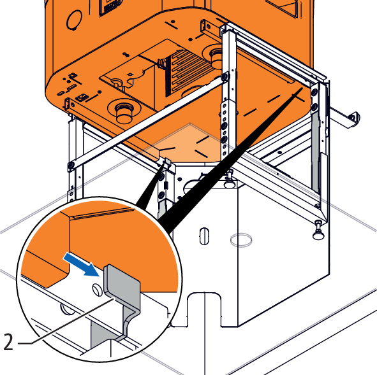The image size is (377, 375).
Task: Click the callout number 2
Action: click(x=8, y=343)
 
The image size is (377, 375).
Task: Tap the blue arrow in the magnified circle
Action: click(x=82, y=265)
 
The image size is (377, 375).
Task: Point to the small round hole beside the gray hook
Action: click(x=98, y=289)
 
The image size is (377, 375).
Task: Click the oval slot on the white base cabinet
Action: click(x=204, y=236)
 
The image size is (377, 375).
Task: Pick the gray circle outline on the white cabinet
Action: click(x=241, y=240)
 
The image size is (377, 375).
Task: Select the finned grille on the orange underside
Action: click(x=190, y=73)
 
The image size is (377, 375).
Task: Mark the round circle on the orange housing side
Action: click(x=74, y=20)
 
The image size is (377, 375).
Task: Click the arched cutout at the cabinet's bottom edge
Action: click(x=204, y=309)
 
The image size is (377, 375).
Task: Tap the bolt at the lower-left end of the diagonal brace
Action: click(x=71, y=165)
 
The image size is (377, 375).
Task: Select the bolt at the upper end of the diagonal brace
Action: click(x=225, y=77)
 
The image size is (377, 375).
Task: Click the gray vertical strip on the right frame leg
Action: click(x=316, y=153)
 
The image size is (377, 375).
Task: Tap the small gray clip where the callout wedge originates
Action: click(x=168, y=162)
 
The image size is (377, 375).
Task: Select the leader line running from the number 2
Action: click(x=66, y=322)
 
